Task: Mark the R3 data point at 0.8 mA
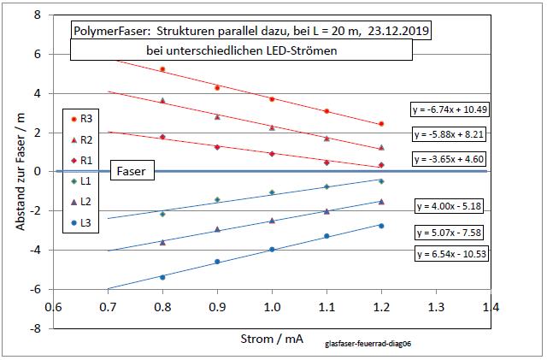point(162,69)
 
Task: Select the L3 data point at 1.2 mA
point(381,226)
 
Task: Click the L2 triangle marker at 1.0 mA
point(272,221)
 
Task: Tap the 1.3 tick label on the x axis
point(436,306)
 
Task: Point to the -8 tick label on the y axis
point(37,328)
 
